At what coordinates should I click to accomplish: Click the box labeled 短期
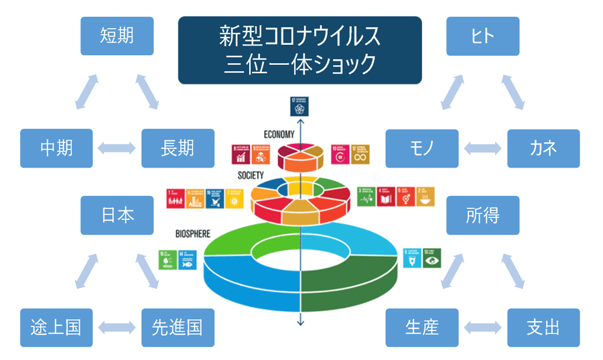click(117, 36)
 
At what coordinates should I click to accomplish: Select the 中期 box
click(56, 148)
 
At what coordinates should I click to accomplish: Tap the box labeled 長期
click(178, 148)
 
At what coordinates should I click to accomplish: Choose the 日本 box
click(117, 215)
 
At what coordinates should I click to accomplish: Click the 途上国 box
click(56, 327)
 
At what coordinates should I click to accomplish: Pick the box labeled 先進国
click(178, 327)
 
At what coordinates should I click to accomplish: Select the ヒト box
click(482, 36)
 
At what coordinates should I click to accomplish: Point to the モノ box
click(422, 148)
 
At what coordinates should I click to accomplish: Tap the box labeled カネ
click(543, 148)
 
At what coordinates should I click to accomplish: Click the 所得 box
click(482, 215)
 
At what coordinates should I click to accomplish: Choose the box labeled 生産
click(422, 327)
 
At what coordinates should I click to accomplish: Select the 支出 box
click(543, 327)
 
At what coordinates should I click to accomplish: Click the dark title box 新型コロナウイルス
click(299, 50)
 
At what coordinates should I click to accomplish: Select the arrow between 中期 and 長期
click(117, 148)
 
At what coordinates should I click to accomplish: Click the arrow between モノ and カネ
click(482, 148)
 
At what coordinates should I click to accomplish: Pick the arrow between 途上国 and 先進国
click(117, 328)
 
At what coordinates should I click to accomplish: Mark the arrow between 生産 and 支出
click(482, 328)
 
